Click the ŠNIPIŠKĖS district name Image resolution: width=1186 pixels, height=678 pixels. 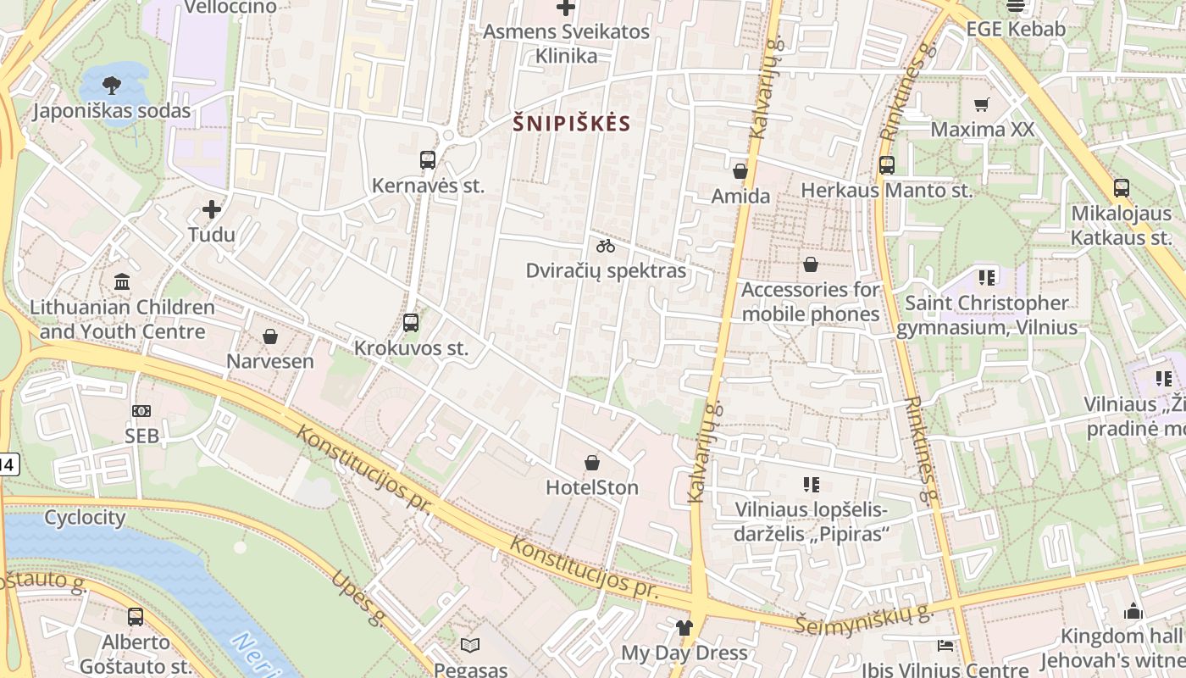tap(572, 124)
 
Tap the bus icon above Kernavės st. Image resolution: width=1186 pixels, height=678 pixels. tap(428, 160)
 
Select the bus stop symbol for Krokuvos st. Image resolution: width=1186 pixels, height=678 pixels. tap(411, 323)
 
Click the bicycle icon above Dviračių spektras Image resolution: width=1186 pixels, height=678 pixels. tap(606, 246)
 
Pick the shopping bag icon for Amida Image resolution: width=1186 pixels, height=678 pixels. tap(740, 171)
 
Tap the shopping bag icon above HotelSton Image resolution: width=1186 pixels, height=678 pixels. tap(592, 463)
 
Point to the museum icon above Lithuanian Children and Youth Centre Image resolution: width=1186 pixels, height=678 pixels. tap(122, 281)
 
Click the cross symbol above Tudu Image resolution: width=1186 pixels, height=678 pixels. tap(212, 209)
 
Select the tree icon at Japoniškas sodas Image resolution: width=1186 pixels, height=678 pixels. tap(111, 85)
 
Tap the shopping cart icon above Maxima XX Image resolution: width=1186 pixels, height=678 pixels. tap(982, 105)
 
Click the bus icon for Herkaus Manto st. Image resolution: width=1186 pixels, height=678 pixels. tap(887, 165)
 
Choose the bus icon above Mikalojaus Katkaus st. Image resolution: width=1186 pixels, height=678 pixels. tap(1122, 188)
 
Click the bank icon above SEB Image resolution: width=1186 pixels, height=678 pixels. tap(141, 411)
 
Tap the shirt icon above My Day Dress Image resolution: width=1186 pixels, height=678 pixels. tap(684, 628)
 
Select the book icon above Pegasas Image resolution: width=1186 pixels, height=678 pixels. tap(470, 645)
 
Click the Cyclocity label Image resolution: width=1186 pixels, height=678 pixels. tap(85, 517)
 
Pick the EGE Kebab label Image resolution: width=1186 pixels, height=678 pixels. tap(1016, 29)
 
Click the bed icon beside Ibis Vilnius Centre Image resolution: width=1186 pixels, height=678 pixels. tap(945, 646)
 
